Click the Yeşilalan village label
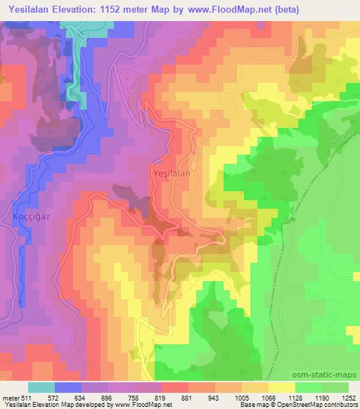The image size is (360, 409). click(172, 171)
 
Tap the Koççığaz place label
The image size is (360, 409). click(30, 216)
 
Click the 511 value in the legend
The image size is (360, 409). click(26, 396)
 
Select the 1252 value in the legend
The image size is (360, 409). click(348, 396)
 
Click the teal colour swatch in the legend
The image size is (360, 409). click(41, 387)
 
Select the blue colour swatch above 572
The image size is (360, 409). click(68, 387)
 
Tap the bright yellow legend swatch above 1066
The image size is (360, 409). click(281, 387)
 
